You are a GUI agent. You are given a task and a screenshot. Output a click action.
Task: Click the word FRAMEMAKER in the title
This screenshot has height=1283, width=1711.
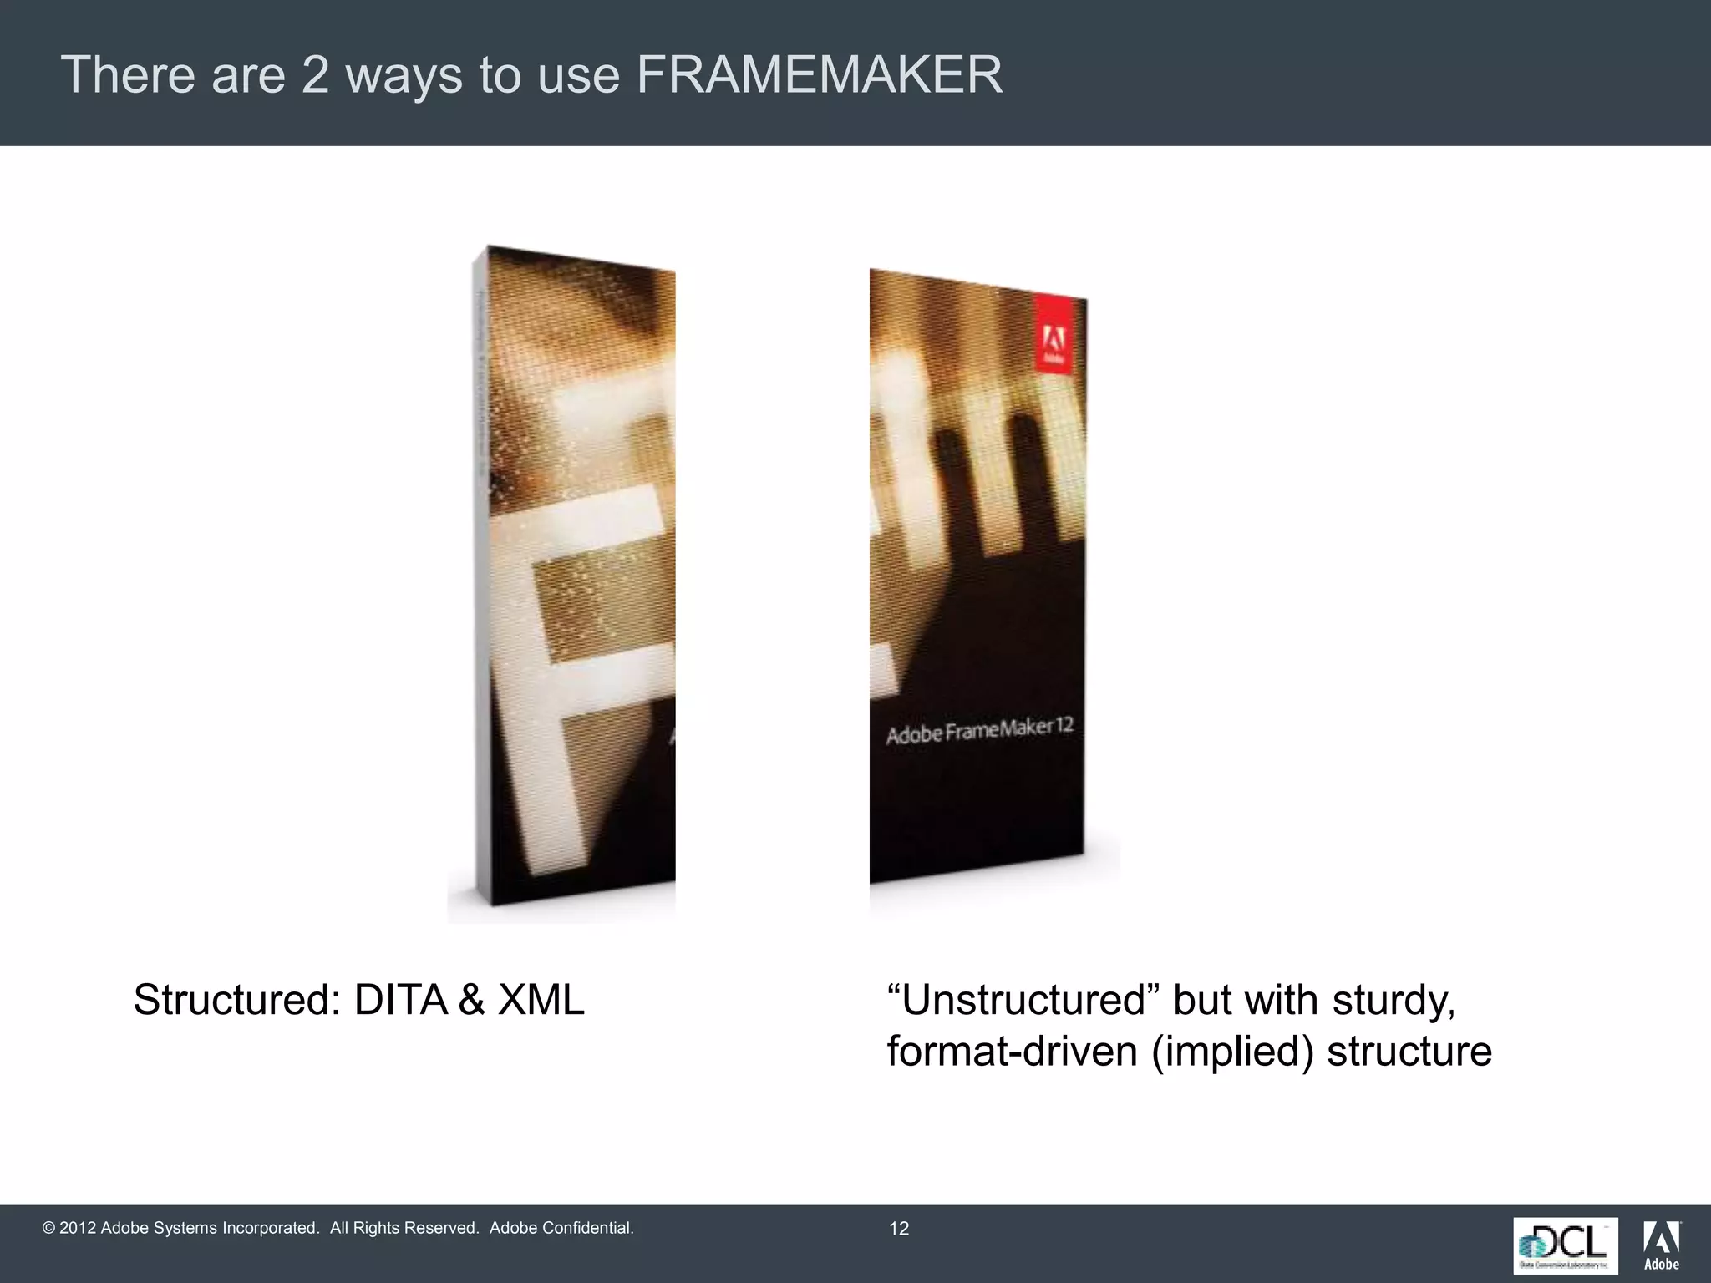click(819, 75)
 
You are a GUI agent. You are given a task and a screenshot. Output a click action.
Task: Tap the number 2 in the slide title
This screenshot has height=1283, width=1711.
click(315, 75)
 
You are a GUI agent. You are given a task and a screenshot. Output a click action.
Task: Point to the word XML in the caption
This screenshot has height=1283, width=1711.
click(541, 1000)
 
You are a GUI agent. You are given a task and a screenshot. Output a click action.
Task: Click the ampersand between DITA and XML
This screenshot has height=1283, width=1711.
click(472, 1000)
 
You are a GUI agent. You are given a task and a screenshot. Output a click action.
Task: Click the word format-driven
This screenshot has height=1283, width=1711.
click(1012, 1052)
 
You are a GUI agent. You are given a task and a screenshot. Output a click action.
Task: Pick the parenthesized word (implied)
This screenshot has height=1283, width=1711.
click(1231, 1052)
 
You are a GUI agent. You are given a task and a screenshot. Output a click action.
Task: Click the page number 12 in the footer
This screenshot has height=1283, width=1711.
click(899, 1229)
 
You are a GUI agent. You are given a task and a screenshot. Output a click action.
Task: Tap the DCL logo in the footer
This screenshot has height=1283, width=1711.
click(1565, 1245)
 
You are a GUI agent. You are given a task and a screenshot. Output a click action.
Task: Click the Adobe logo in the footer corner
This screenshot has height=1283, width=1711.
click(1662, 1245)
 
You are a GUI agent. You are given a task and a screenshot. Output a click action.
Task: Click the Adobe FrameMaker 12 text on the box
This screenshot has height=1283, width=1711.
click(979, 731)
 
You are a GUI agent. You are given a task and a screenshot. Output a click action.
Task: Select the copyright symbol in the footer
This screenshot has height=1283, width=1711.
click(48, 1228)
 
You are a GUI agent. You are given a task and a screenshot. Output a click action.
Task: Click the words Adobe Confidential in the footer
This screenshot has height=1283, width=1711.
click(561, 1228)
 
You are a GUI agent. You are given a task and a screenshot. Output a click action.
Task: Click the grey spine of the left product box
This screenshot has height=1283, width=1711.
click(481, 576)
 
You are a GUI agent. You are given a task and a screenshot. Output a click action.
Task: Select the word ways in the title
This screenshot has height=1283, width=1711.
click(404, 75)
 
